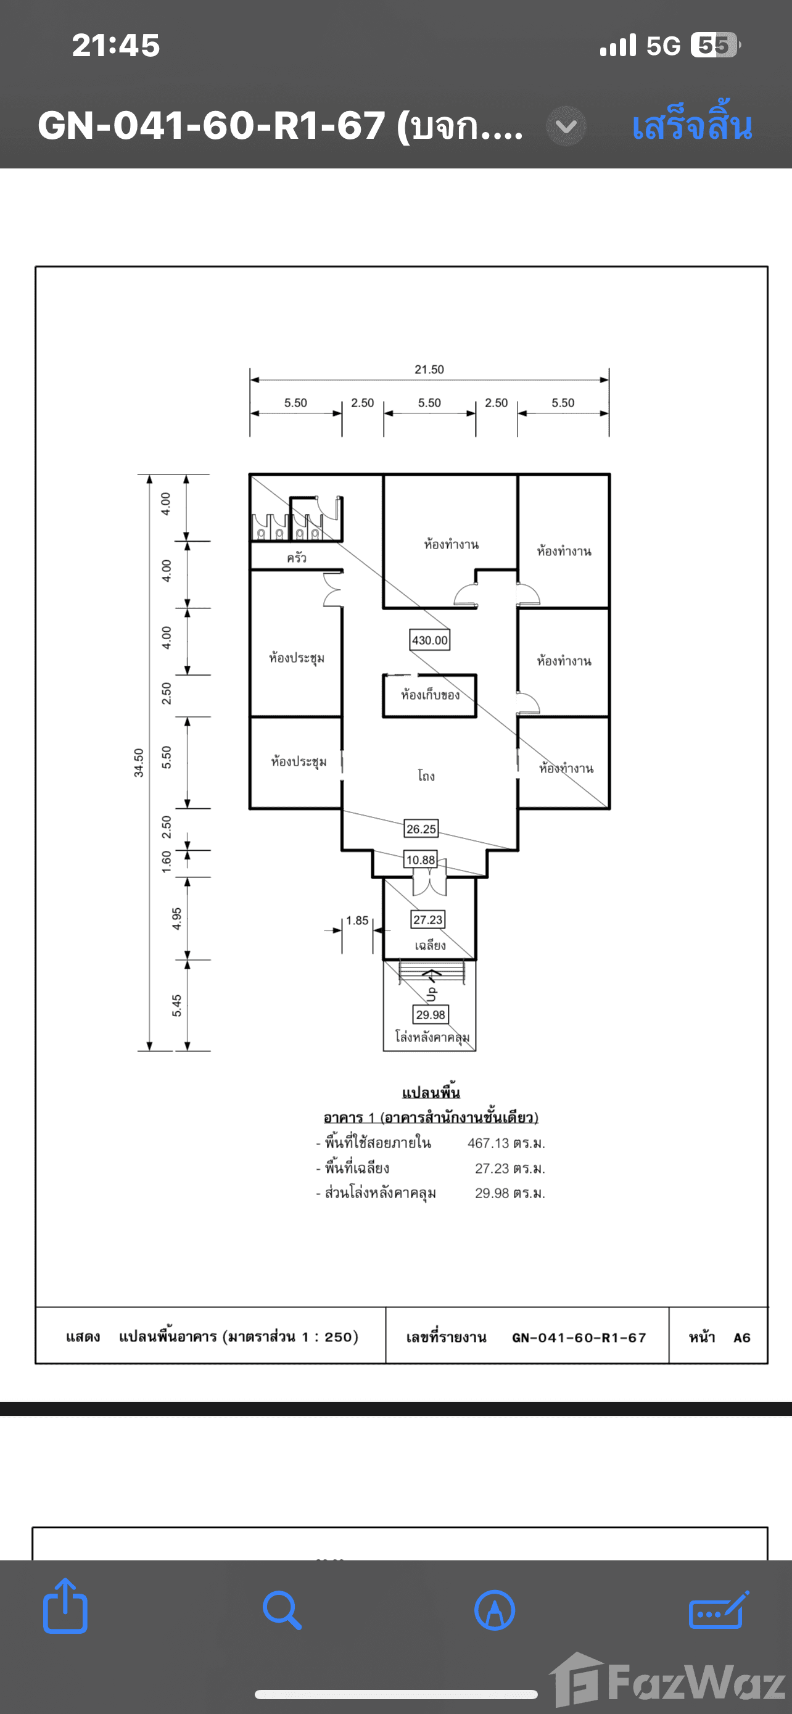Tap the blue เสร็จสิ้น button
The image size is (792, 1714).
click(691, 126)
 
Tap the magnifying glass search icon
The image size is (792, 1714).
click(282, 1610)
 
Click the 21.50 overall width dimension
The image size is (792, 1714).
click(429, 370)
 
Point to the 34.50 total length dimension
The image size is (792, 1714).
click(138, 763)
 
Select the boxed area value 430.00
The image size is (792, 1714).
click(429, 640)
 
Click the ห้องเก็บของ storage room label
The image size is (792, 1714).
click(429, 695)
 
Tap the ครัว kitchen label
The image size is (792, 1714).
click(297, 558)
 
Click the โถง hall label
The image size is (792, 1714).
click(426, 776)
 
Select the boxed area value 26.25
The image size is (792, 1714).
click(421, 829)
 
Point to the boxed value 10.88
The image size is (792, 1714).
click(420, 859)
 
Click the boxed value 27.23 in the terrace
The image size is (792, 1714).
click(427, 919)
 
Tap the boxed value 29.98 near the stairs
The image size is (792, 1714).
click(431, 1015)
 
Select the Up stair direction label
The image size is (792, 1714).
click(432, 993)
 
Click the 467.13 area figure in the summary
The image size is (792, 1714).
click(488, 1143)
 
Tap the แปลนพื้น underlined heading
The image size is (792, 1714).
click(431, 1093)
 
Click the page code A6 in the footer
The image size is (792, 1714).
click(741, 1338)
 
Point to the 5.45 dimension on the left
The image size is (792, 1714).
click(177, 1005)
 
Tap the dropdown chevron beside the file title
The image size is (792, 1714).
click(566, 126)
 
